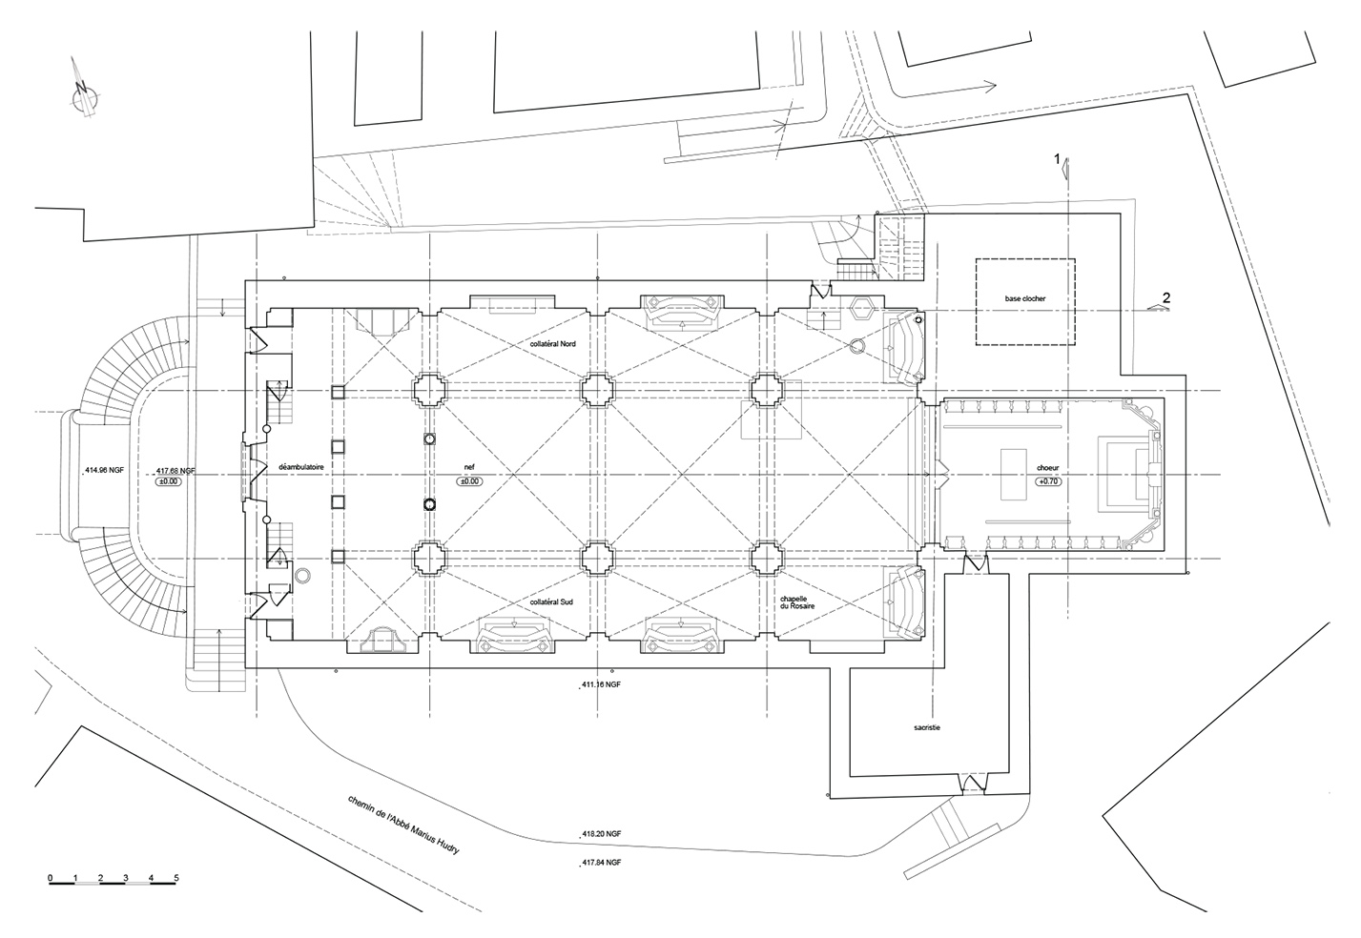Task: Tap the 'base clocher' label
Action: pyautogui.click(x=1025, y=298)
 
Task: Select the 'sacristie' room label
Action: pyautogui.click(x=927, y=727)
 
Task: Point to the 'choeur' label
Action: pyautogui.click(x=1047, y=468)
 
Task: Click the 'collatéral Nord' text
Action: pyautogui.click(x=552, y=343)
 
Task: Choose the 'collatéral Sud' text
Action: pyautogui.click(x=551, y=602)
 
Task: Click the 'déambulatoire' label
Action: pyautogui.click(x=300, y=467)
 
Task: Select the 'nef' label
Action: pyautogui.click(x=469, y=467)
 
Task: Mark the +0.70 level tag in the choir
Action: pyautogui.click(x=1047, y=481)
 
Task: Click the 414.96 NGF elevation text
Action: pyautogui.click(x=104, y=470)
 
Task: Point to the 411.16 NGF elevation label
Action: pyautogui.click(x=601, y=684)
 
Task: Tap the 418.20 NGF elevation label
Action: pyautogui.click(x=602, y=834)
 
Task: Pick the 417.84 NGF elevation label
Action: pyautogui.click(x=602, y=862)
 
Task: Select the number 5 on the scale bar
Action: pyautogui.click(x=176, y=878)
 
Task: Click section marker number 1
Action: pyautogui.click(x=1057, y=159)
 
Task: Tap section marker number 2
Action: pyautogui.click(x=1166, y=298)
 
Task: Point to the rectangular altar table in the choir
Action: pyautogui.click(x=1014, y=475)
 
